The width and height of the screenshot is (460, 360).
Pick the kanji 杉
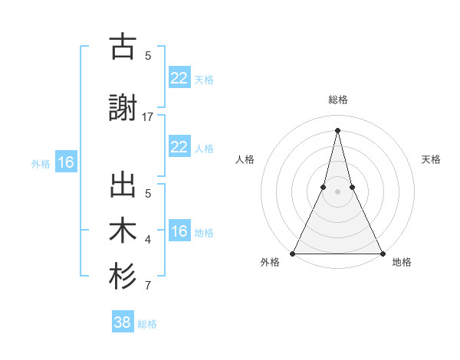(x=123, y=277)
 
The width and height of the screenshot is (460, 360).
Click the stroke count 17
(x=148, y=116)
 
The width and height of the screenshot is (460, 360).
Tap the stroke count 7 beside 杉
(x=148, y=286)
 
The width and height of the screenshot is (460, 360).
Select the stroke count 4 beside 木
(x=148, y=241)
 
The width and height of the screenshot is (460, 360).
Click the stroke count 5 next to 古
(x=148, y=55)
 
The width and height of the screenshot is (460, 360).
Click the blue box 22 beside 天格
(x=179, y=77)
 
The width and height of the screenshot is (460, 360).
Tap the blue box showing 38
(x=123, y=322)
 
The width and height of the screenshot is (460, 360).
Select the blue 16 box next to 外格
(x=66, y=162)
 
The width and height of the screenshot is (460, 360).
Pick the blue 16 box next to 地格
(x=179, y=231)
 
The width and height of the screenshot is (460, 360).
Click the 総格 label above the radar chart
(x=338, y=100)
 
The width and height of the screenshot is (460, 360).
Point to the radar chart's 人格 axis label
(x=245, y=159)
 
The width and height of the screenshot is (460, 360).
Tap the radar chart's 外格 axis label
(x=270, y=263)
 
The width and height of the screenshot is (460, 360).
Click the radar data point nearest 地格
(x=382, y=253)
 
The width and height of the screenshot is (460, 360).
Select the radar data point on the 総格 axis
(x=337, y=130)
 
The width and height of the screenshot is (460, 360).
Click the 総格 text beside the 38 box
(x=147, y=324)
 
